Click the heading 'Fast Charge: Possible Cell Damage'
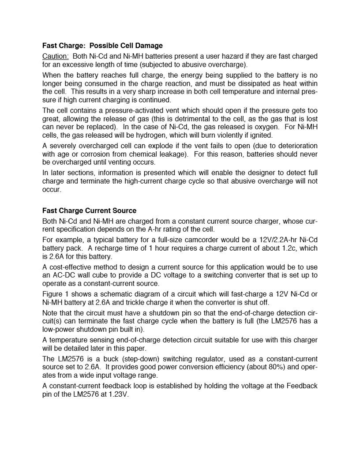[x=102, y=46]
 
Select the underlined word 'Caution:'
[x=55, y=56]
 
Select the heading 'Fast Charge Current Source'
[x=89, y=211]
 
